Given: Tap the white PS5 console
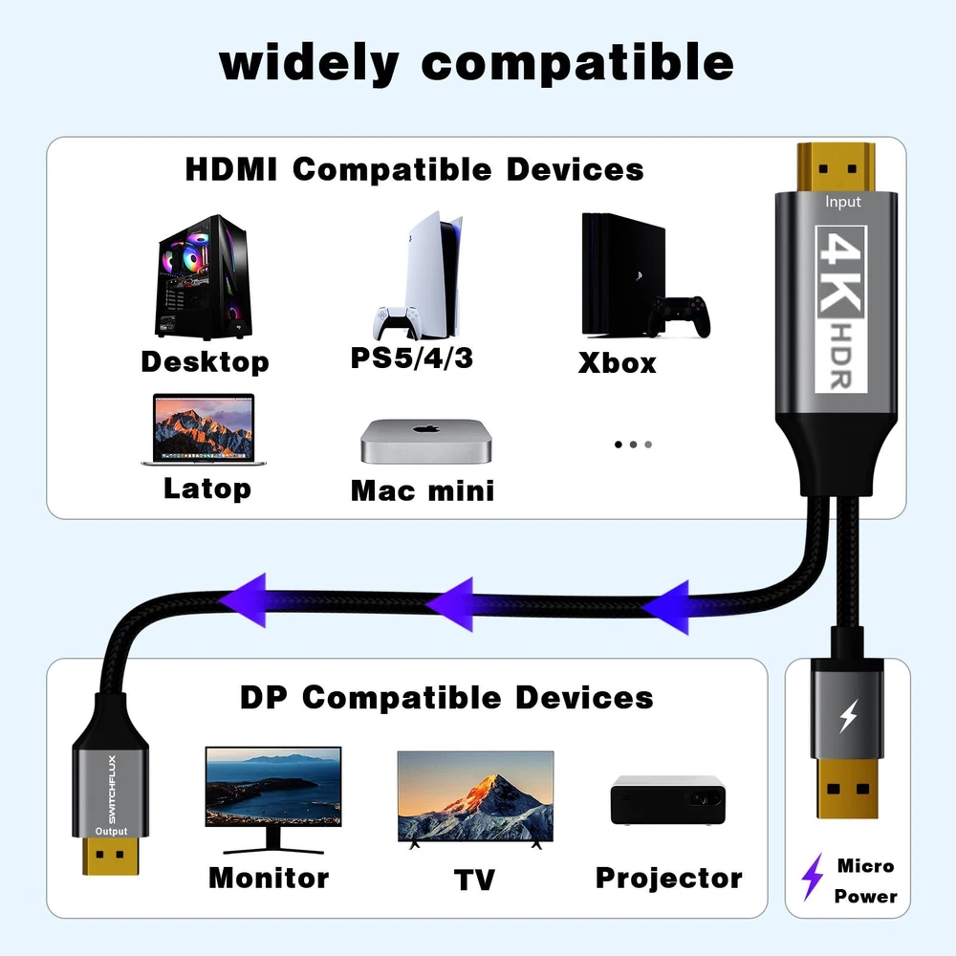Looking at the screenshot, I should pyautogui.click(x=421, y=277).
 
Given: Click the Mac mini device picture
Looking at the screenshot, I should pyautogui.click(x=425, y=441).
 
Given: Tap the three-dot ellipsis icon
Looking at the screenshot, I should pyautogui.click(x=633, y=445).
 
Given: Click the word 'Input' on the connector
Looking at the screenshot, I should pyautogui.click(x=843, y=202).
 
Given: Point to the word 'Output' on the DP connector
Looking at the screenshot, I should pyautogui.click(x=111, y=831).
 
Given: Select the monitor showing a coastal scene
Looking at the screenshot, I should pyautogui.click(x=272, y=793).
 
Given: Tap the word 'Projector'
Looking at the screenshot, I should pyautogui.click(x=668, y=878).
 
